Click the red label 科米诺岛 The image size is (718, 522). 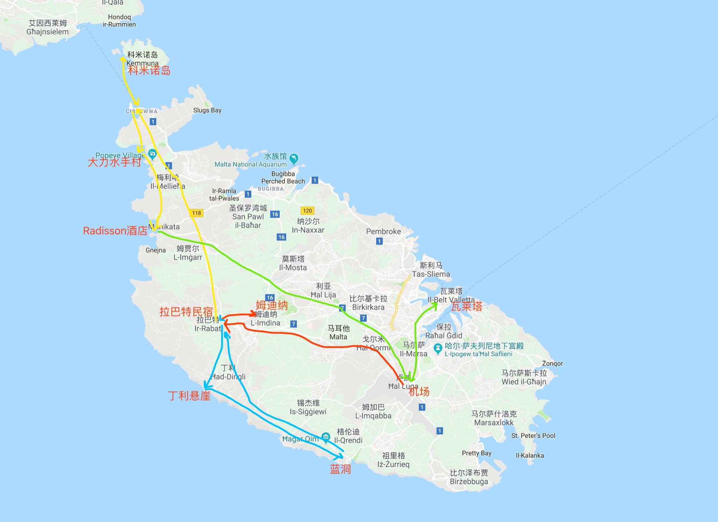coord(149,70)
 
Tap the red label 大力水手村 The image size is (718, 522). coord(114,162)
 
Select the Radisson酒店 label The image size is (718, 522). coord(115,231)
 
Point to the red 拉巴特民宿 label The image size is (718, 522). coord(186,311)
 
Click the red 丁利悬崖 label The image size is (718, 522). coord(189,396)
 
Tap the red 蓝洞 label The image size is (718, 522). coord(340,469)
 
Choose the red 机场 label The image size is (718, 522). coord(419,392)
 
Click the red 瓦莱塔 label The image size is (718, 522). coord(466,307)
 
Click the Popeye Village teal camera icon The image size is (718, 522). coord(152,153)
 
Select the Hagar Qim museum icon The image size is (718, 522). coord(326,437)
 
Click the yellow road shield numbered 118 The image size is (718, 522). coord(196,213)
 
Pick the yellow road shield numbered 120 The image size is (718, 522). coord(307,210)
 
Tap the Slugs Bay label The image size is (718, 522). coord(207,110)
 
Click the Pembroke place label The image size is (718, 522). coord(383,231)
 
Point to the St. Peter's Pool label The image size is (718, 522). coord(533,436)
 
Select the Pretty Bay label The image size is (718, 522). coord(476,453)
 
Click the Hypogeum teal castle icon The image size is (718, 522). coord(437,348)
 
